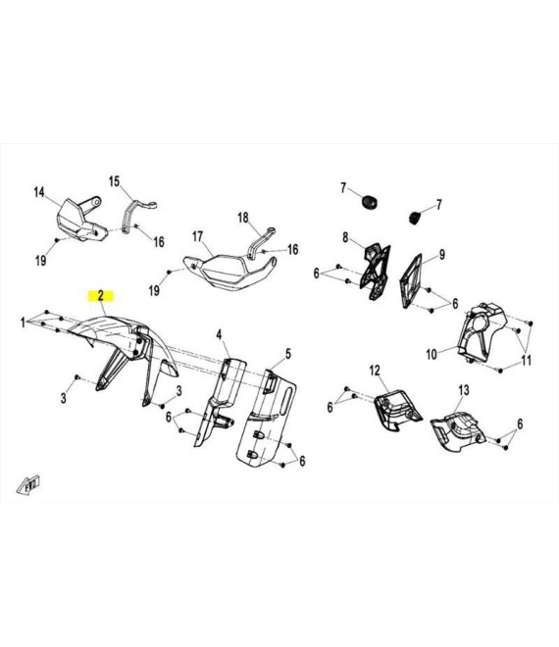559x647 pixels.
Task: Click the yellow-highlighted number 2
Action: [x=100, y=295]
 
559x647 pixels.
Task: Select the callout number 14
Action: [x=39, y=192]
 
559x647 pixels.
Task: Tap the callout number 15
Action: [x=114, y=181]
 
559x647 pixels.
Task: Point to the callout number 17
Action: [x=198, y=237]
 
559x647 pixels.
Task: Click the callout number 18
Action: [x=243, y=217]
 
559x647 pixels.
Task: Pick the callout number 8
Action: [x=345, y=237]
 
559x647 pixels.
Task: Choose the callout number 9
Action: [x=441, y=255]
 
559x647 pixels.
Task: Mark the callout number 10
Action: [x=432, y=354]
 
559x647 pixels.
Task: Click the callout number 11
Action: [x=527, y=361]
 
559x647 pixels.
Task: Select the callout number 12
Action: [x=375, y=371]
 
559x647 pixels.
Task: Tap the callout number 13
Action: [x=464, y=390]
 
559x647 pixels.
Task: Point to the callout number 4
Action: [x=220, y=334]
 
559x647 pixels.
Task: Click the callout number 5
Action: [x=288, y=354]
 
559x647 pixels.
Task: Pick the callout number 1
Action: [x=24, y=323]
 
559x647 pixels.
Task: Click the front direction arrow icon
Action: [x=28, y=485]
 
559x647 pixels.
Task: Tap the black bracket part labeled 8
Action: [x=376, y=271]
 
